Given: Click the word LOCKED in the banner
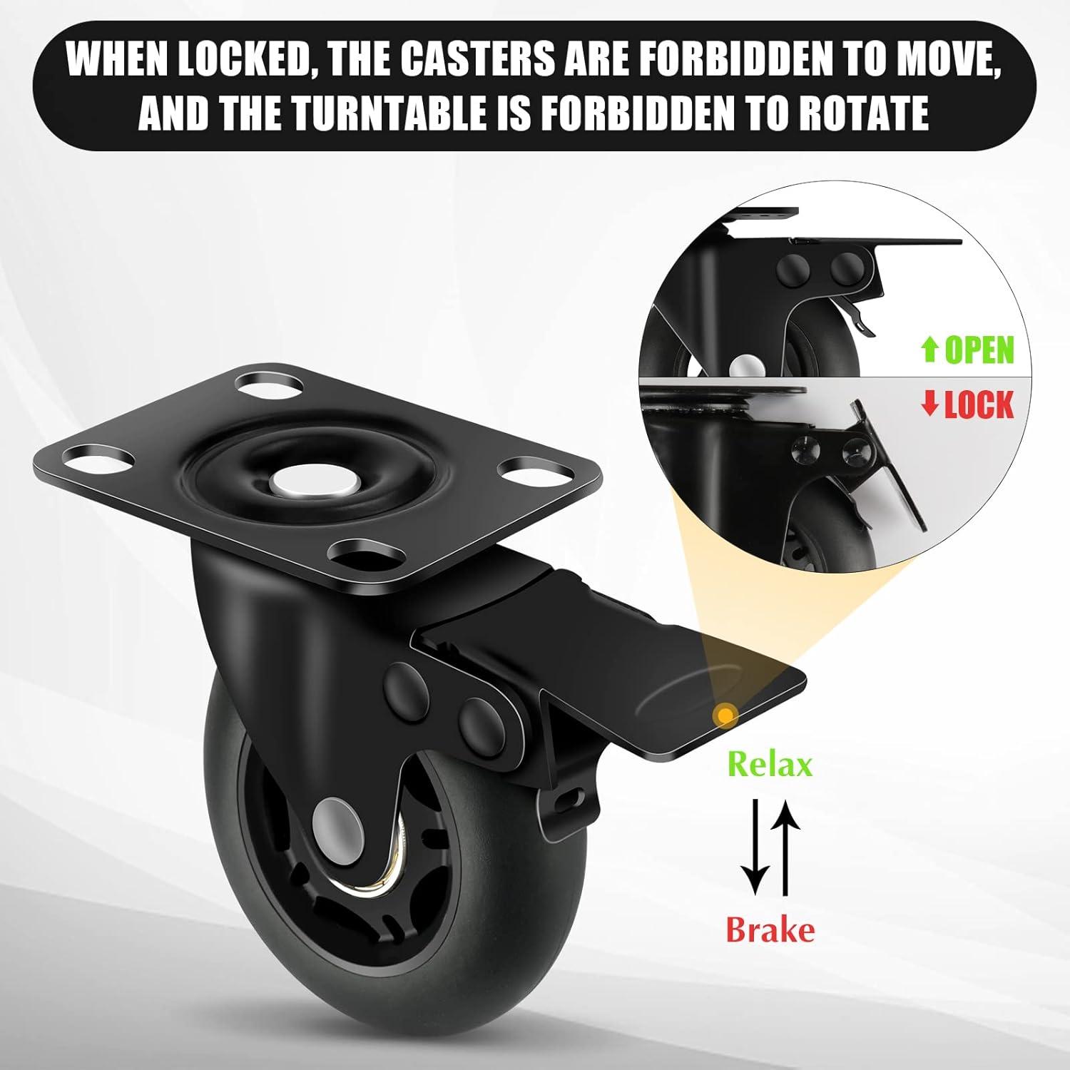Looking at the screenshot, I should pyautogui.click(x=248, y=60).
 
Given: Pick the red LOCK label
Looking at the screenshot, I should pyautogui.click(x=979, y=405).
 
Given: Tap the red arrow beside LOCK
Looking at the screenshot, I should pyautogui.click(x=929, y=405).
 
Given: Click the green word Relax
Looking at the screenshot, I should pyautogui.click(x=770, y=765).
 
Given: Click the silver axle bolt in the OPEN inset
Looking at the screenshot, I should pyautogui.click(x=746, y=365).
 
